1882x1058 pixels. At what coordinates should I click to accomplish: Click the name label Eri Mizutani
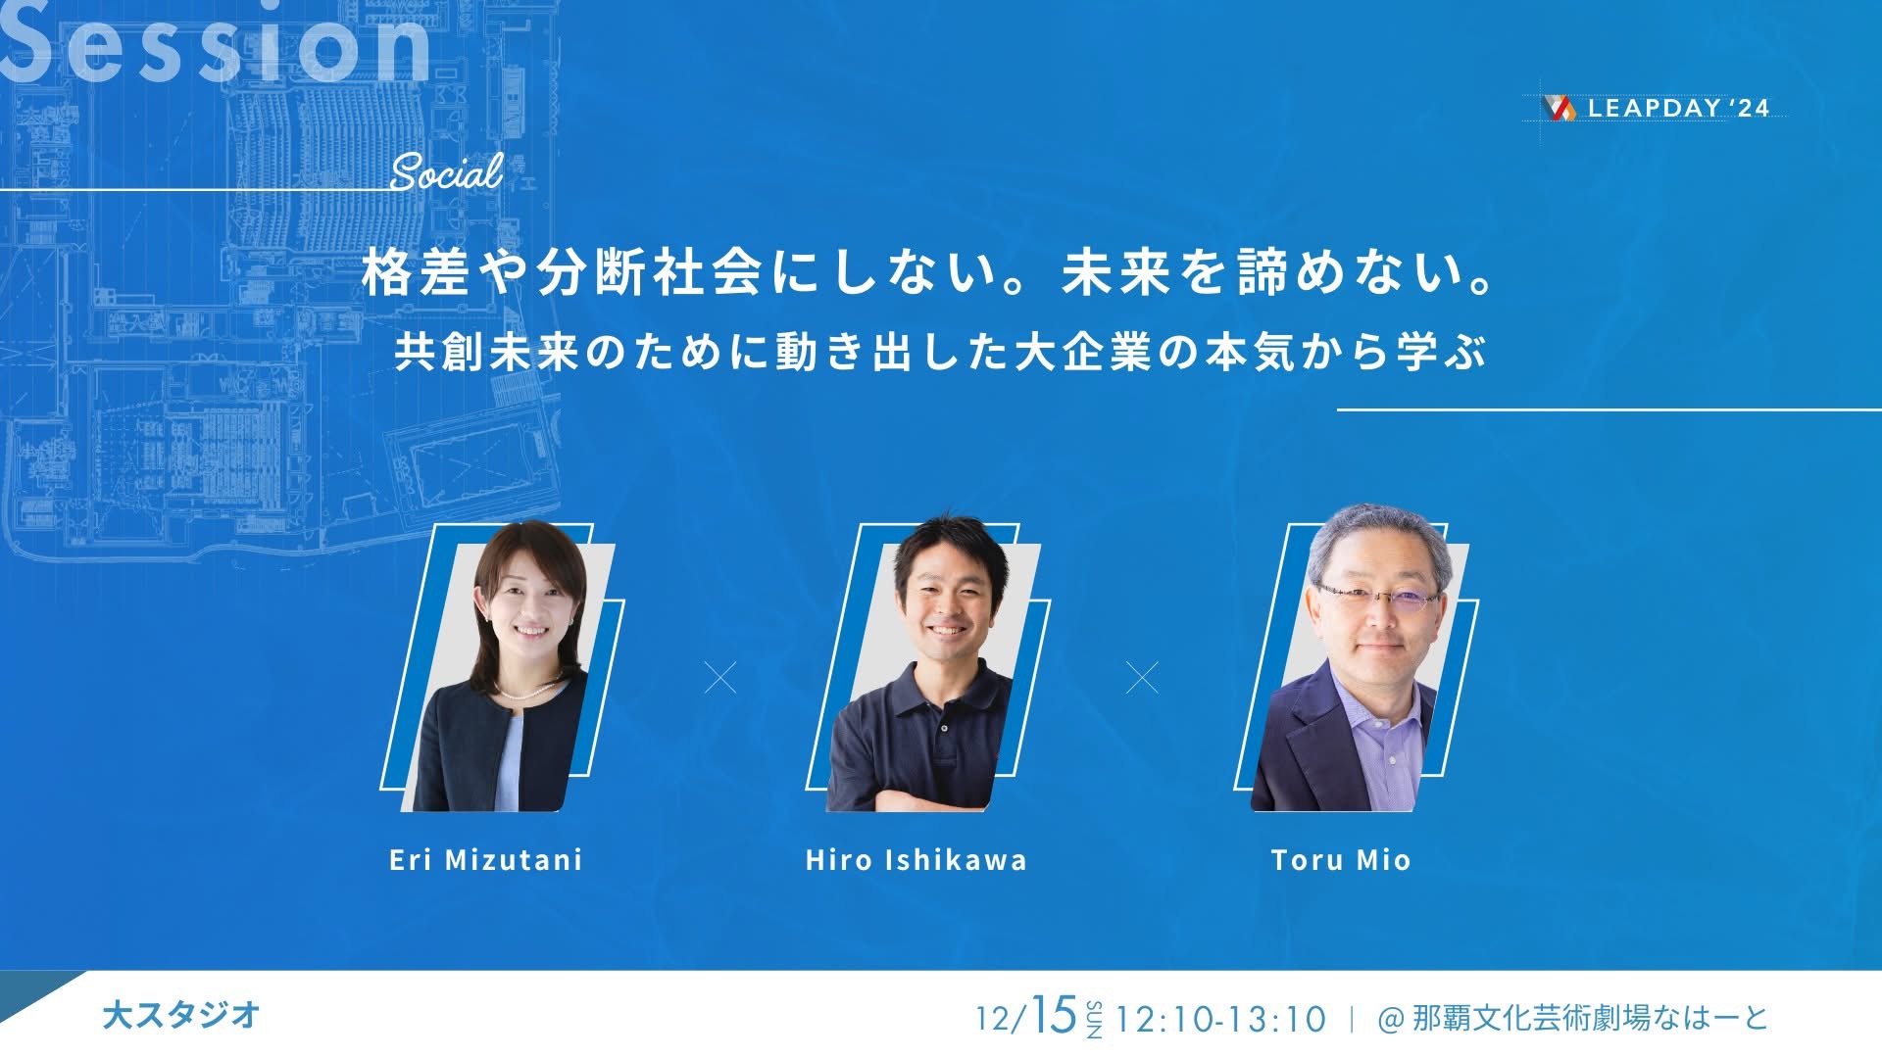(486, 860)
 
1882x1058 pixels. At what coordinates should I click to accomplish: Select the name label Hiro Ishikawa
(916, 860)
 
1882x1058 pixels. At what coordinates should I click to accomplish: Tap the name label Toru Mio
(1341, 860)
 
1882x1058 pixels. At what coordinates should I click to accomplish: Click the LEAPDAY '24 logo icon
(1559, 108)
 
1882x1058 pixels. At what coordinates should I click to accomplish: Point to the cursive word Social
(447, 172)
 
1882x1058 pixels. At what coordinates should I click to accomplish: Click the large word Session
(216, 44)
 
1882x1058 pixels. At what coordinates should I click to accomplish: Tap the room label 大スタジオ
(181, 1015)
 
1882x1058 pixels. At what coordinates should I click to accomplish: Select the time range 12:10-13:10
(1221, 1019)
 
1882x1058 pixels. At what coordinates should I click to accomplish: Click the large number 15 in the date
(1054, 1015)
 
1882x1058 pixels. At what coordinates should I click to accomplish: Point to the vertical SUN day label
(1094, 1020)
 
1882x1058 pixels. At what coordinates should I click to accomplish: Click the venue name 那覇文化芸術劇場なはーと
(1591, 1018)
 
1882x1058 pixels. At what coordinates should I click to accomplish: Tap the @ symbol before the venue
(1391, 1020)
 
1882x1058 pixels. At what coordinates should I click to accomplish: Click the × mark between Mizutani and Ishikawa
(720, 677)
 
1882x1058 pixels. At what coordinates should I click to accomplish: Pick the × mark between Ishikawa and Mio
(1142, 677)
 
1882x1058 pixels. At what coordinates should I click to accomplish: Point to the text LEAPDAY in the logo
(1655, 109)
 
